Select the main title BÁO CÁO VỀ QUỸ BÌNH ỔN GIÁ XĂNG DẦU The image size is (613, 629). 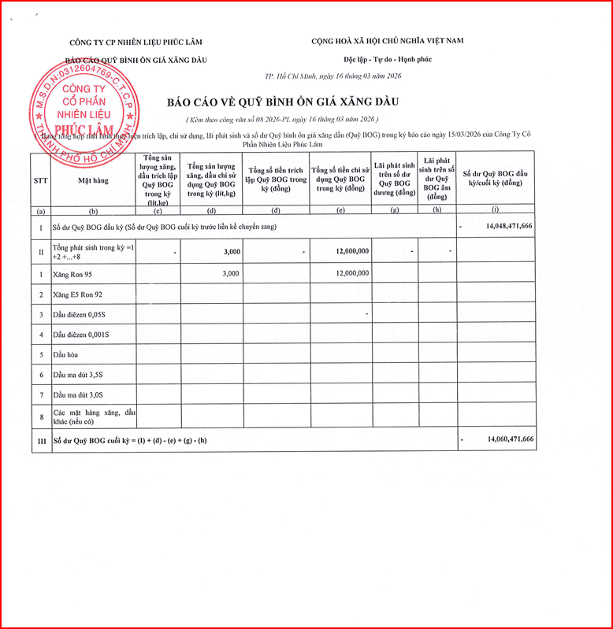pos(283,102)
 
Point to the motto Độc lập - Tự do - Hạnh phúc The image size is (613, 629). pos(388,59)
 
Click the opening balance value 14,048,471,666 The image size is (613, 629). pos(503,226)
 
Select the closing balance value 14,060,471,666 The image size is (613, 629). pos(503,439)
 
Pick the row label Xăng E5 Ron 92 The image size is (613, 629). pos(78,294)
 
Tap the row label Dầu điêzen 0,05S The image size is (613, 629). pos(81,314)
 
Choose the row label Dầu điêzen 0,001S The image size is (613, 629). pos(83,335)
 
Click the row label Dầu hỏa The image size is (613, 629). pos(66,355)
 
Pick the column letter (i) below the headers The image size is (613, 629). pos(495,209)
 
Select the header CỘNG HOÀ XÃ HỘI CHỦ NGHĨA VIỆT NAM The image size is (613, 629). pos(387,40)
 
